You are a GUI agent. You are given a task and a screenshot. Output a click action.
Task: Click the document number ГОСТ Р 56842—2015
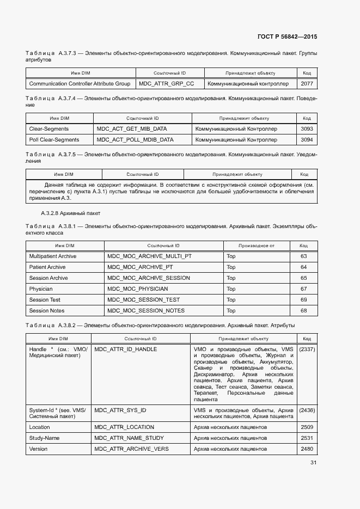pos(287,36)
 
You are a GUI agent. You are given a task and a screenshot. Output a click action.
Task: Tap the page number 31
pos(313,463)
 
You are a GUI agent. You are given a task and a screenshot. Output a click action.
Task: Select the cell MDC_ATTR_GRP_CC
pos(166,84)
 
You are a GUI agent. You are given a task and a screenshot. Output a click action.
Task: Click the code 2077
pos(307,84)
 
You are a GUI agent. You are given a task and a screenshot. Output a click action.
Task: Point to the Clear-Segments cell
pos(49,129)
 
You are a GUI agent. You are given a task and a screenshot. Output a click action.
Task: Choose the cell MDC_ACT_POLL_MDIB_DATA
pos(135,140)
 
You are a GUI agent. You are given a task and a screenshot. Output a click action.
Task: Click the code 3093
pos(307,129)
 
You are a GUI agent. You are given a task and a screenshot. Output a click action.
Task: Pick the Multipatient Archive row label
pos(53,256)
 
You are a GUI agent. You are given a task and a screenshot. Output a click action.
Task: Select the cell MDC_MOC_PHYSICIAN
pos(138,289)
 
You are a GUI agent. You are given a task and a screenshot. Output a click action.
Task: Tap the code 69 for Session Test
pos(304,300)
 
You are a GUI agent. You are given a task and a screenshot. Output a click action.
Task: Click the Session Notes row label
pos(47,311)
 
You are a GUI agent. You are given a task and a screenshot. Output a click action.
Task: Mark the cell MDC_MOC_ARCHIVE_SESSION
pos(149,278)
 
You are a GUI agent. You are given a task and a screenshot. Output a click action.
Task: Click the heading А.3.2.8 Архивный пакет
pos(71,213)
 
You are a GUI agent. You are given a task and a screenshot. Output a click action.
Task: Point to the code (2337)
pos(307,349)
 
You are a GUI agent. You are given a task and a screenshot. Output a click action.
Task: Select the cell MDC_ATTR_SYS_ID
pos(120,410)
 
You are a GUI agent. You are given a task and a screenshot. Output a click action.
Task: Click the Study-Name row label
pos(45,438)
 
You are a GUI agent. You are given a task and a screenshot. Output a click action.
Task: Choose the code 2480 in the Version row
pos(307,449)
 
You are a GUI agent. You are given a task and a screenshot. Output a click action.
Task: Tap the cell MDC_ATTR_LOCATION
pos(124,427)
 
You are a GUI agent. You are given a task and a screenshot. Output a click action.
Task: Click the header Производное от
pos(257,246)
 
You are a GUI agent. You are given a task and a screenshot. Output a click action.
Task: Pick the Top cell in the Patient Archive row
pos(231,267)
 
